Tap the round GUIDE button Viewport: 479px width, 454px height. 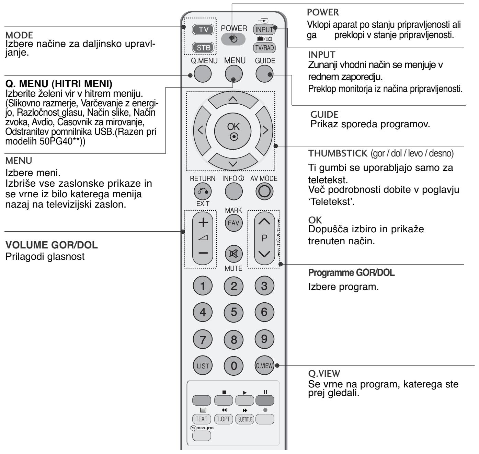[265, 74]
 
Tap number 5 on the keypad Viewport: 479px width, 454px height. [233, 312]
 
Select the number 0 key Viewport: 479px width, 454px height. [233, 366]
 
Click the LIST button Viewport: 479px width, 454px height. [203, 366]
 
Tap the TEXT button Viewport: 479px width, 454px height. [202, 419]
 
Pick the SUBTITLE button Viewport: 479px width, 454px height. [244, 419]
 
